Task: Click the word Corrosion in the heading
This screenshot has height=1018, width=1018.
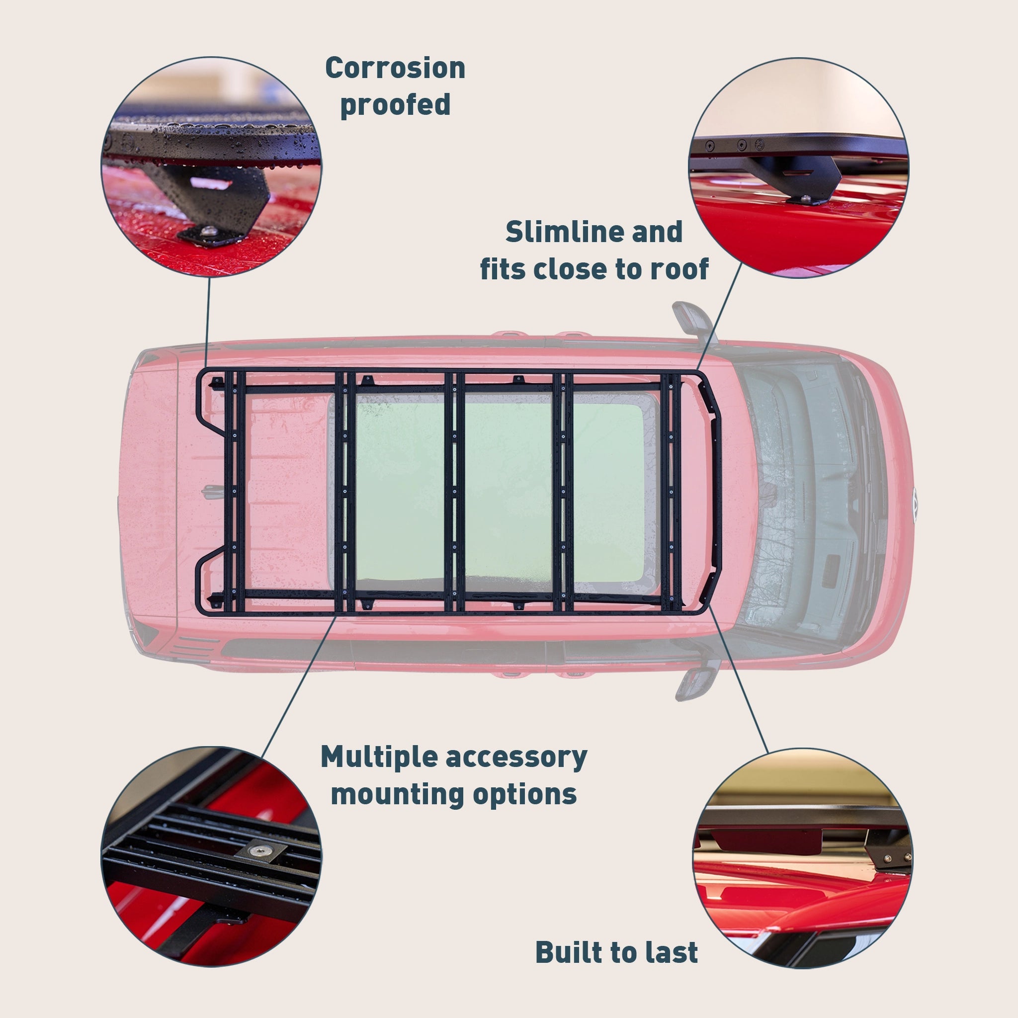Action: [395, 69]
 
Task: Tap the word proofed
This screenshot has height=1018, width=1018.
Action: [395, 104]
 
